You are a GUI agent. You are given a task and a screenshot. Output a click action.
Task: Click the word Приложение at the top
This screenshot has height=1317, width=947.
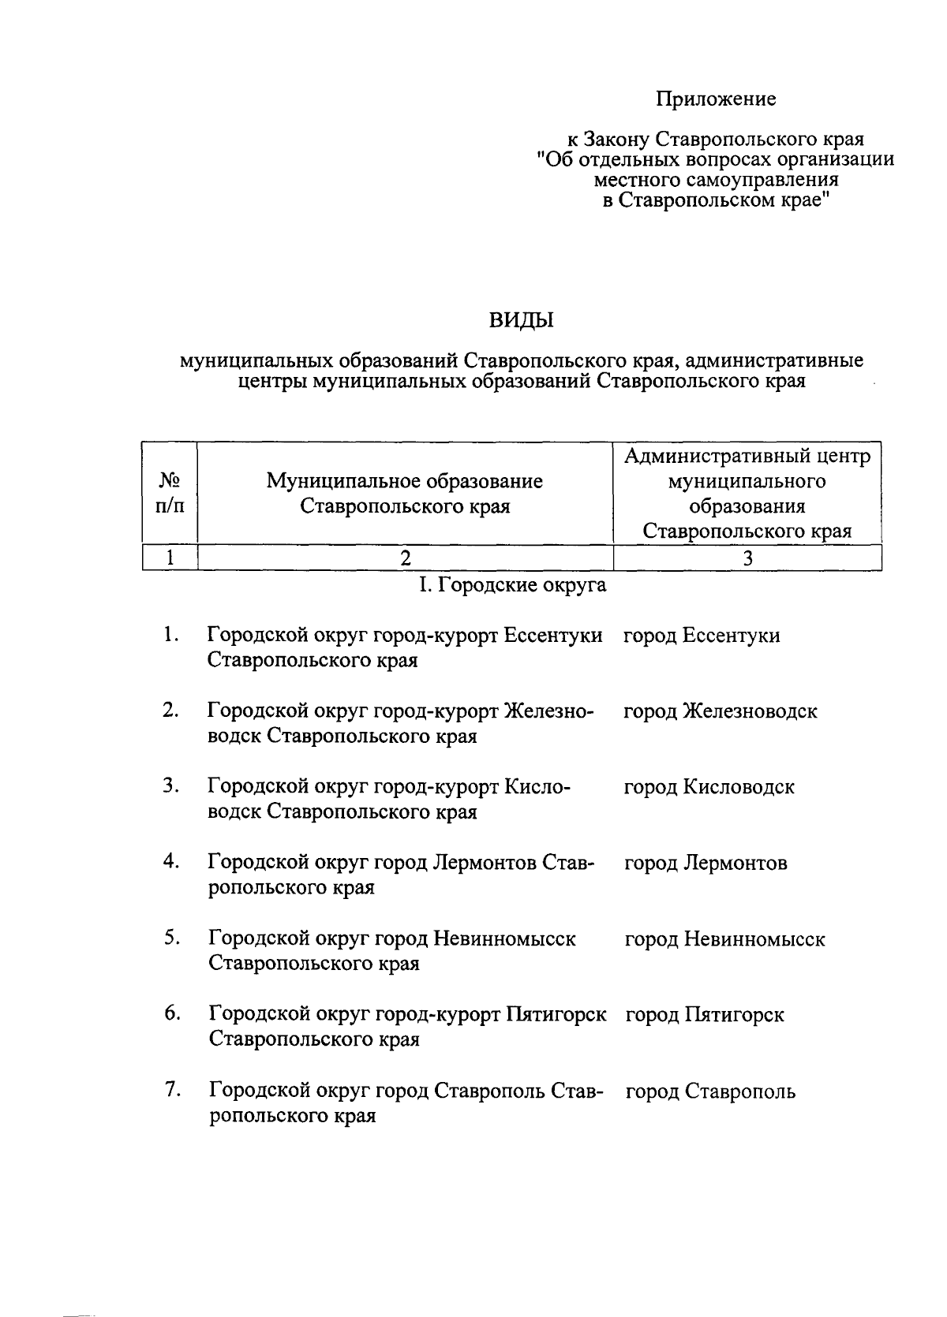(716, 99)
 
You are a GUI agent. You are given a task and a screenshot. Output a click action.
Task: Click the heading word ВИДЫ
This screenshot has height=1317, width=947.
(522, 320)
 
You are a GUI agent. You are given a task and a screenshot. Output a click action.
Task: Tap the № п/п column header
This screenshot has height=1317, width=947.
(170, 493)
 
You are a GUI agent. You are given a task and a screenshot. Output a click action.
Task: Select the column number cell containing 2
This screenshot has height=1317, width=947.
(405, 558)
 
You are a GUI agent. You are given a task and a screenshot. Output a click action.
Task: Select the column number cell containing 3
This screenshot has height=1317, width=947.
(747, 558)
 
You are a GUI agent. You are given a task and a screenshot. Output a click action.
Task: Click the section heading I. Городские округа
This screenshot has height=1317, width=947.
(512, 585)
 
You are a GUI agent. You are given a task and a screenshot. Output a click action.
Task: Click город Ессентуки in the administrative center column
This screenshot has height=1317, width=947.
(702, 636)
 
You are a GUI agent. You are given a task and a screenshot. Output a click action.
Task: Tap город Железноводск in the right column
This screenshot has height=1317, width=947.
(721, 711)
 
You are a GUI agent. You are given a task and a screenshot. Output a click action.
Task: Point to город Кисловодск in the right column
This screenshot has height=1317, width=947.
(709, 787)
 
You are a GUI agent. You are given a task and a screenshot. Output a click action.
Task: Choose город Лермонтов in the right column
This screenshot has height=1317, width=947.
(706, 863)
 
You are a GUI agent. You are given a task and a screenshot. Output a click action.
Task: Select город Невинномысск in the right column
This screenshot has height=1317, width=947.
(724, 939)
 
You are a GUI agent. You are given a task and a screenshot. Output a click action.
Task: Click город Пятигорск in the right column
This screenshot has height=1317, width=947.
(705, 1015)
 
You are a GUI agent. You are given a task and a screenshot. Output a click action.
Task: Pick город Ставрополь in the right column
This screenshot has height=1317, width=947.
(710, 1092)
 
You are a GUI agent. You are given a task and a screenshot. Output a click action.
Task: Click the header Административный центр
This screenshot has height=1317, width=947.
(747, 457)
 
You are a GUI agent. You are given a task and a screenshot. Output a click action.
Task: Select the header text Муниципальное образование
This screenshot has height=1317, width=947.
(405, 481)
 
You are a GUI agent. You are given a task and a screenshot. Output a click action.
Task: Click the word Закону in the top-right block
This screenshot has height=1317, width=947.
(617, 140)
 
